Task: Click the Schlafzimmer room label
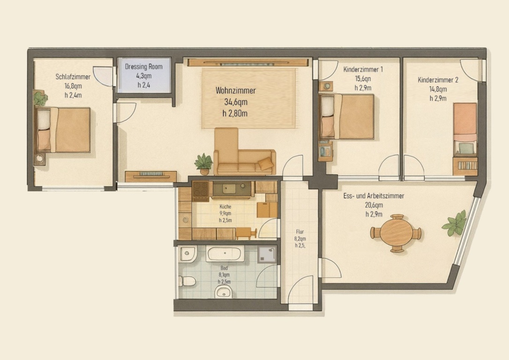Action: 73,77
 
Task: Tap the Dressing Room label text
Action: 144,67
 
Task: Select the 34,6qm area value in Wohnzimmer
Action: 236,102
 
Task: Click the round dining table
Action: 396,233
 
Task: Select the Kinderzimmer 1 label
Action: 363,69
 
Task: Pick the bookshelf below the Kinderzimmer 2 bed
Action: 465,166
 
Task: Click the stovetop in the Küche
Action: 200,191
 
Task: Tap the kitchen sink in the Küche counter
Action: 229,188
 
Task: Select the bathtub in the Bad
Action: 225,254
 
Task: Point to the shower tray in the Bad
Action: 267,254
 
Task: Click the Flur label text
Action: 300,232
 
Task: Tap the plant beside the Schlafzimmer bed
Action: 40,99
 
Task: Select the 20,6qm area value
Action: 374,205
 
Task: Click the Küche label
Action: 225,206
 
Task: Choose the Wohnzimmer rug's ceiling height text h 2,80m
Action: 235,113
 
